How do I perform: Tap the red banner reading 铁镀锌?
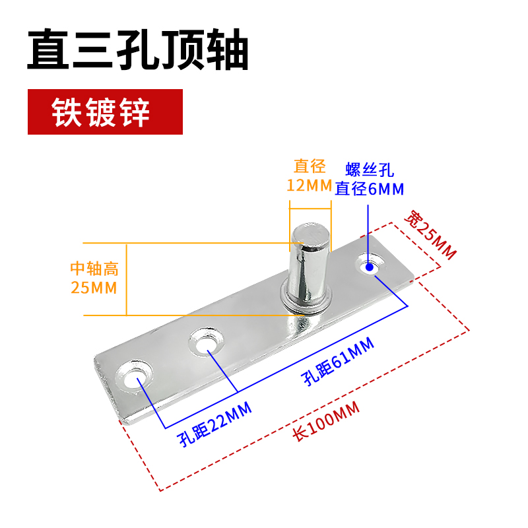click(x=104, y=112)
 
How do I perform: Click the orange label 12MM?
click(x=309, y=185)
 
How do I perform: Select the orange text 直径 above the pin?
click(x=310, y=166)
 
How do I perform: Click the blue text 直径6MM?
click(x=369, y=189)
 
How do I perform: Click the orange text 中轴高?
click(x=94, y=269)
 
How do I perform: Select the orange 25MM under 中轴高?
click(x=94, y=288)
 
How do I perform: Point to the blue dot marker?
click(x=369, y=267)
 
